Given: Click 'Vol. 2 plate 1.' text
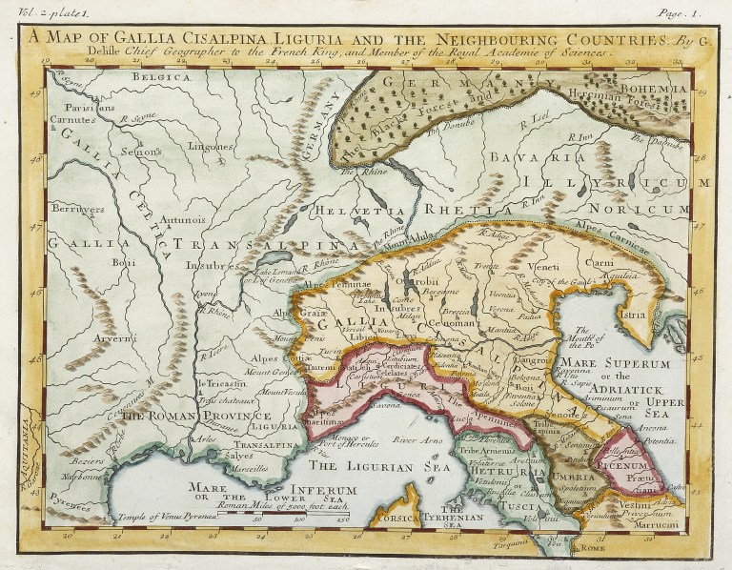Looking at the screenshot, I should (31, 11).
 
